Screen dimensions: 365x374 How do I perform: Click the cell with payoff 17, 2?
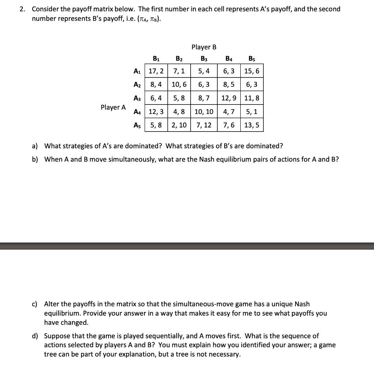(156, 71)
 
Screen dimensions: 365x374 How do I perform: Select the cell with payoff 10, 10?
(204, 111)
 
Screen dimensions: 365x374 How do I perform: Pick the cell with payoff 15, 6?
(252, 71)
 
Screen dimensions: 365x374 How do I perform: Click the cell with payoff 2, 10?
(179, 125)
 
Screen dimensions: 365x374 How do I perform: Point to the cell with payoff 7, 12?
(204, 125)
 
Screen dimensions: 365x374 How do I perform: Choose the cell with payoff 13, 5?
(252, 125)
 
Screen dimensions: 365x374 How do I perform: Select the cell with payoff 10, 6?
(179, 84)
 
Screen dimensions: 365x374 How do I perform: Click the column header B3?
(204, 58)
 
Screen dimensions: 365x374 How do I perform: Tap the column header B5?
(252, 58)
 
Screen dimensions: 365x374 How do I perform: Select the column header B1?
(156, 58)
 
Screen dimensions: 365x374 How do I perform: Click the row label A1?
(138, 71)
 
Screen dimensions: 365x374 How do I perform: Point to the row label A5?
(138, 125)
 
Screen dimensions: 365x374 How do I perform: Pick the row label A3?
(138, 98)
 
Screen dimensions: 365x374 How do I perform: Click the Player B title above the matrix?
(204, 47)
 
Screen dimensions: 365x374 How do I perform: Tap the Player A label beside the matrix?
(113, 107)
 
